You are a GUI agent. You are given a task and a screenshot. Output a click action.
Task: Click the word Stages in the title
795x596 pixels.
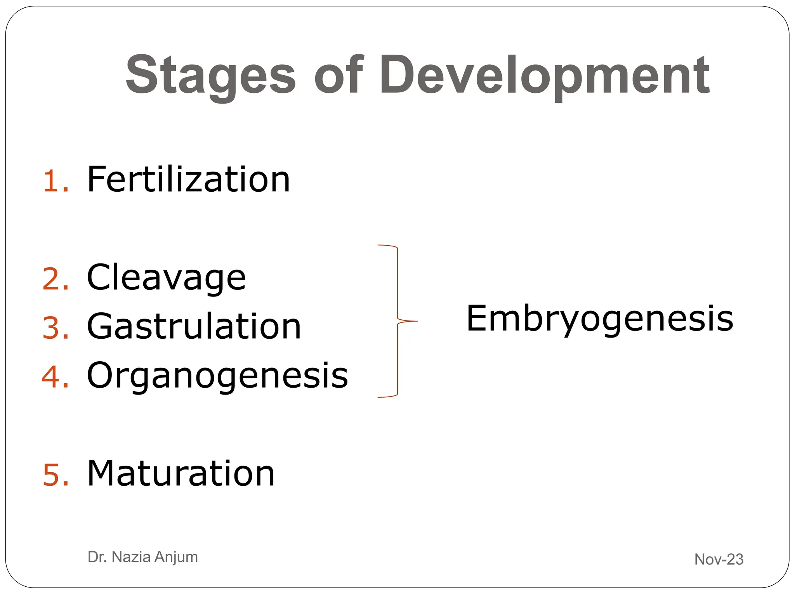point(211,76)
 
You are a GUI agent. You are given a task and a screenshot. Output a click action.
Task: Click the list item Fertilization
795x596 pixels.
point(188,179)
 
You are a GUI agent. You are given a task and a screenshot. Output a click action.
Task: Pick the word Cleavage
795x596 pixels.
point(166,278)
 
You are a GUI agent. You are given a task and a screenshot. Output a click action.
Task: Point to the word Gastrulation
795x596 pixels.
point(194,327)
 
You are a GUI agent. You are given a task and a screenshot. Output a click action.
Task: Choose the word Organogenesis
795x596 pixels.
point(217,376)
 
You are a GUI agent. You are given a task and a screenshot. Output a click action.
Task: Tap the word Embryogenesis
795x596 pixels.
point(600,319)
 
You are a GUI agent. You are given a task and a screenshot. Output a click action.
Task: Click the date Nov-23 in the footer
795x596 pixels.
point(719,559)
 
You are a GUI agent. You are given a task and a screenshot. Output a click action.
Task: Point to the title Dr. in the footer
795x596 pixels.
point(97,557)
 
